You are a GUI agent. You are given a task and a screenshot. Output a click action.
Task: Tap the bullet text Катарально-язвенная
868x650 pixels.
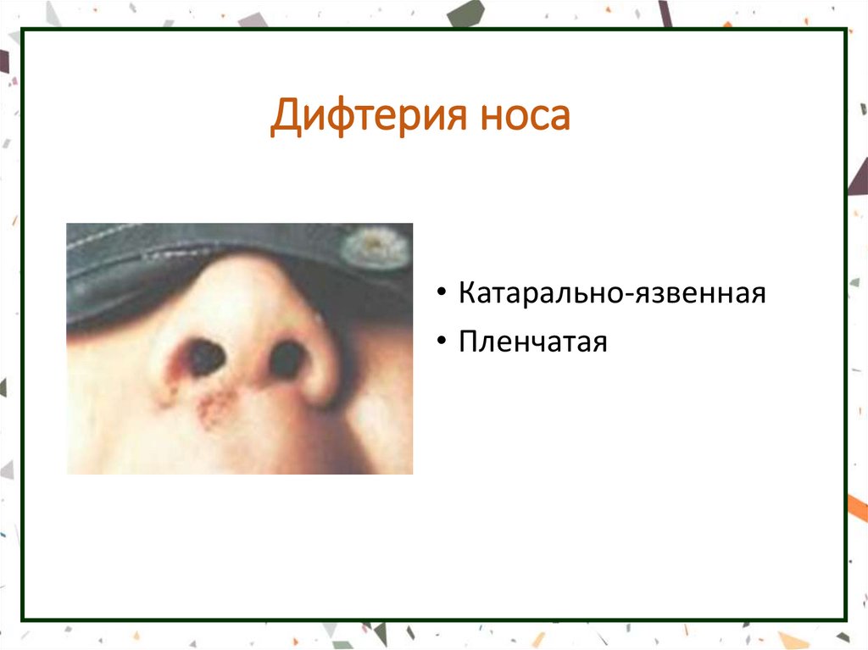(612, 294)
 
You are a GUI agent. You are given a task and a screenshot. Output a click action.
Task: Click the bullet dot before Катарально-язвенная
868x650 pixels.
(443, 295)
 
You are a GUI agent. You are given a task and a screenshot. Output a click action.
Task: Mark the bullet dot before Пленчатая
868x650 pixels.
(443, 342)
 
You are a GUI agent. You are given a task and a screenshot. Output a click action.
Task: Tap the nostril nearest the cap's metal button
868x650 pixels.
(287, 359)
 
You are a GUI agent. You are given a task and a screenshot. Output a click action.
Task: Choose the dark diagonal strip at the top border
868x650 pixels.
(665, 12)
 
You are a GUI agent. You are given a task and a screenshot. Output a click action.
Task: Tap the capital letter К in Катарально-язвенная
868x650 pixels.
(467, 294)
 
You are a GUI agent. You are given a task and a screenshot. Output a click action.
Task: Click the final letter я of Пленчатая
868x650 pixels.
(599, 342)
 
